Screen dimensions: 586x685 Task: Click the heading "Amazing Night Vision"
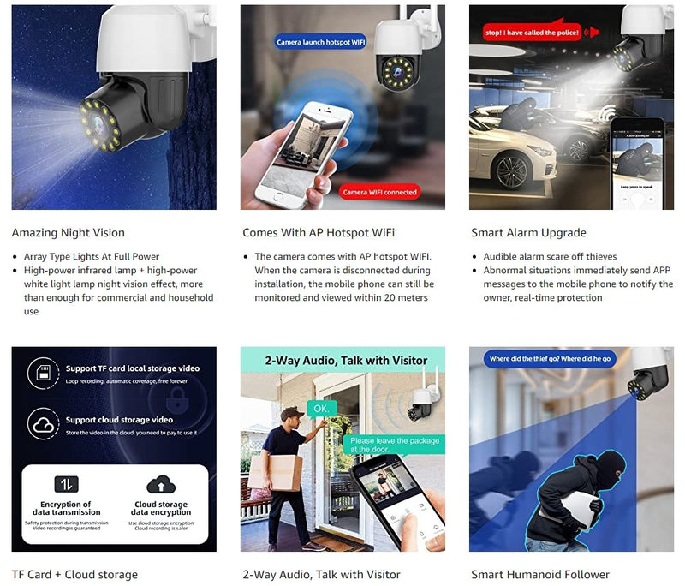tap(68, 233)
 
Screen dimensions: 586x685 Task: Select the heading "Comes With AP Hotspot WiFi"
tap(319, 233)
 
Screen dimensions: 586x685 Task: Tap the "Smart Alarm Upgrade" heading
tap(528, 233)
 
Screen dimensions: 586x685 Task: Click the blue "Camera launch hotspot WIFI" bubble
tap(321, 42)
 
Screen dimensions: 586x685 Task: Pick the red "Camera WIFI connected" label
tap(379, 192)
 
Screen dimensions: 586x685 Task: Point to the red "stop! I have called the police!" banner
tap(532, 33)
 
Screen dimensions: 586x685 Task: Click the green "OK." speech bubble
tap(321, 409)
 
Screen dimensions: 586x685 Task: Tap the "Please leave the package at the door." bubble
tap(395, 445)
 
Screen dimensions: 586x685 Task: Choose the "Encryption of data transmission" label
tap(66, 509)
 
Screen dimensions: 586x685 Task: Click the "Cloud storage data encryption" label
tap(161, 509)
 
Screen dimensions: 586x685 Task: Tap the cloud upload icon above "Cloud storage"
tap(161, 485)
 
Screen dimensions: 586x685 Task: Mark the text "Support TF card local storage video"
tap(133, 368)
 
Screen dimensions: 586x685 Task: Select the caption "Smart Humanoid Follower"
tap(540, 575)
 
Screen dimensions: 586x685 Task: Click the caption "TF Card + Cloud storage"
tap(74, 575)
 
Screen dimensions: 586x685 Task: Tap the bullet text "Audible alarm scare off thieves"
tap(550, 257)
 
